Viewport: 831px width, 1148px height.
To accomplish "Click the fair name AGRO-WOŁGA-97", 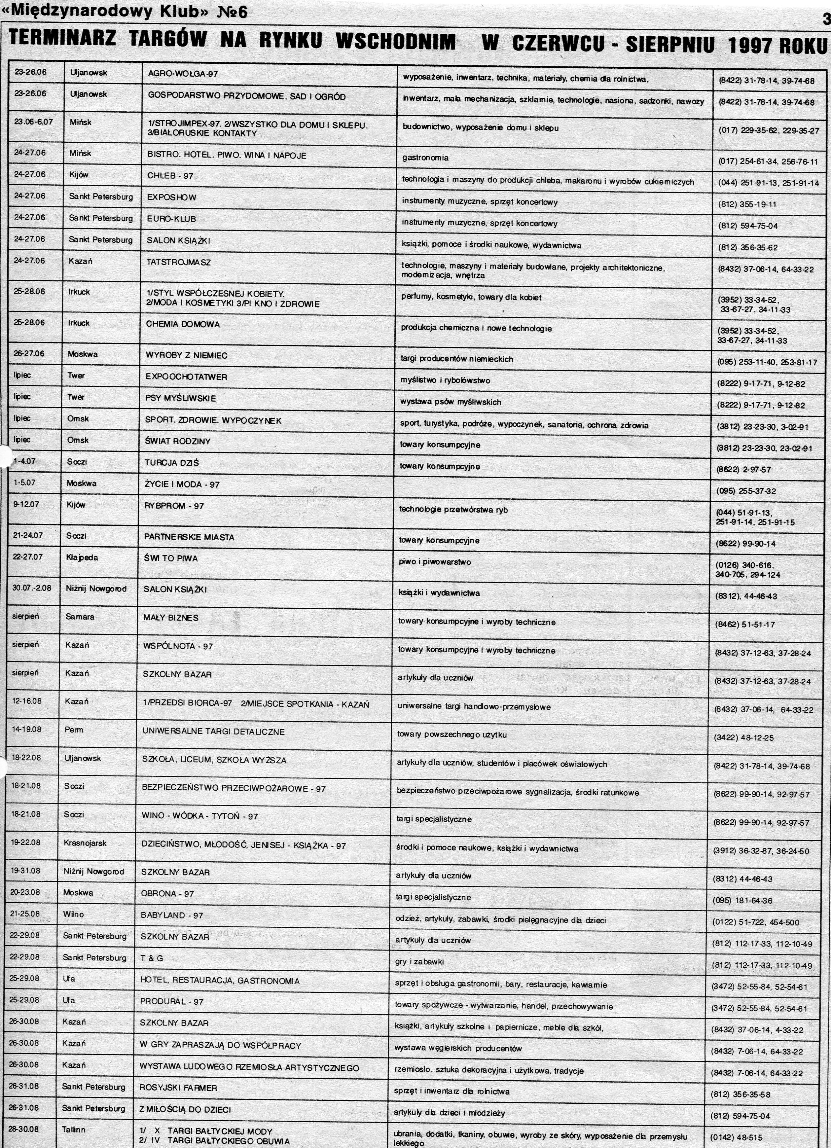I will pos(183,74).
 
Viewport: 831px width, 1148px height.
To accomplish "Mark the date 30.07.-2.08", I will pos(34,588).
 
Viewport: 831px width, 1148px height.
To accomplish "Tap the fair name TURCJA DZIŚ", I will pos(171,463).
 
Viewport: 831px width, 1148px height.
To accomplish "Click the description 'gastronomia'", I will pos(425,158).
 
